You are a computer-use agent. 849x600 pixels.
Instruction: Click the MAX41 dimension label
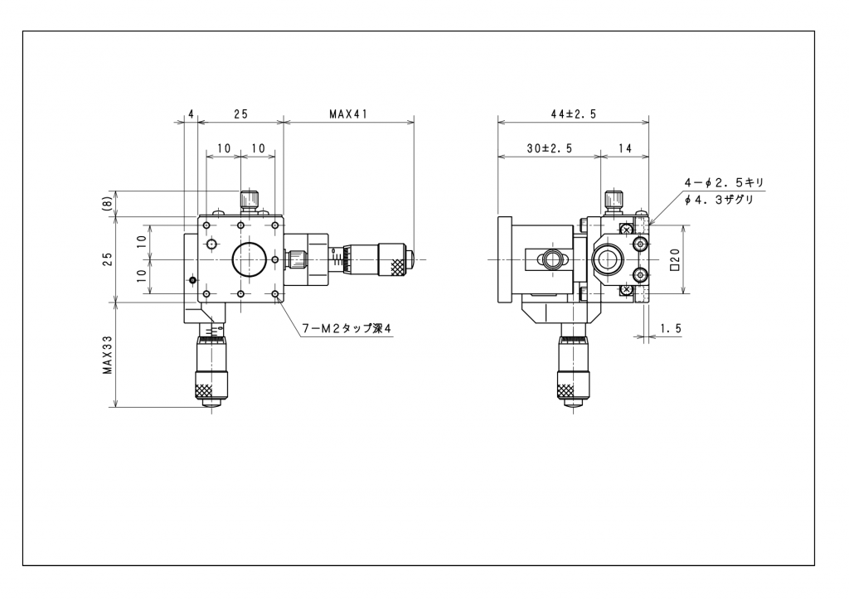(348, 114)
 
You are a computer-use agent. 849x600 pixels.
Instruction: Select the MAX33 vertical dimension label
(108, 355)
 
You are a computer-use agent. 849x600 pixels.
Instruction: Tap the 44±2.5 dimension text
(574, 114)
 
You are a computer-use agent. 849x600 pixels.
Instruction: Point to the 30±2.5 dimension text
(550, 148)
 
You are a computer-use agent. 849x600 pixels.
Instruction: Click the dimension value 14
(625, 148)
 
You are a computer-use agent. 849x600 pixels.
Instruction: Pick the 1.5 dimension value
(670, 328)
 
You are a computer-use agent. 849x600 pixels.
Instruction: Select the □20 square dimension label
(675, 259)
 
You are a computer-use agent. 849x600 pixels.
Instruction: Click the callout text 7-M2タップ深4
(346, 328)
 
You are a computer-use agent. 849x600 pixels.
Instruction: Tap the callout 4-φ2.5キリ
(724, 182)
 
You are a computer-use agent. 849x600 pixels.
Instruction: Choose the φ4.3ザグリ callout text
(719, 200)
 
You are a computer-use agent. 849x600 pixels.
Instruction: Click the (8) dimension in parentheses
(107, 203)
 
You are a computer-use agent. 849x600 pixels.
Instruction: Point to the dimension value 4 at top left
(191, 114)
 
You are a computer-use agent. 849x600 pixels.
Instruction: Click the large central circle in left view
(249, 259)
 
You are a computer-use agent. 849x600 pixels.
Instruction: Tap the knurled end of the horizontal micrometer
(398, 266)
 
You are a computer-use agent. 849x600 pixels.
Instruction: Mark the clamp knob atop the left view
(249, 201)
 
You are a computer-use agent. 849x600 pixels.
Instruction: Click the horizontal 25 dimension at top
(240, 114)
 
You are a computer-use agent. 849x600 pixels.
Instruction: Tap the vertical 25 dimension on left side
(108, 259)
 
